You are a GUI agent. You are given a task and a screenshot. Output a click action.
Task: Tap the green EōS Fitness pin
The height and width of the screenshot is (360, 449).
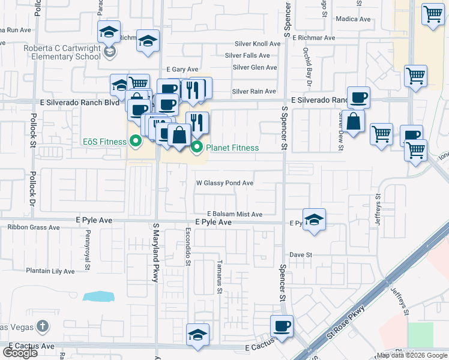click(x=135, y=142)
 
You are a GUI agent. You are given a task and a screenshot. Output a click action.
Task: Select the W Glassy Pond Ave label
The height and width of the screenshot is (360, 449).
click(x=225, y=183)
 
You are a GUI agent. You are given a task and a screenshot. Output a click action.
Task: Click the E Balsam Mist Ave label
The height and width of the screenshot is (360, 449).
click(x=235, y=214)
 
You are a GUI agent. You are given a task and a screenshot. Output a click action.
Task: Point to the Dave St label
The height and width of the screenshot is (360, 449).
click(x=301, y=254)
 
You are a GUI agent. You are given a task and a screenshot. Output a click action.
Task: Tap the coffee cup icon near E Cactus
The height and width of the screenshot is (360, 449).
click(x=282, y=326)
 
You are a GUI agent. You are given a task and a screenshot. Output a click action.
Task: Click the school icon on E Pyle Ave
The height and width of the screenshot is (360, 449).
click(x=314, y=220)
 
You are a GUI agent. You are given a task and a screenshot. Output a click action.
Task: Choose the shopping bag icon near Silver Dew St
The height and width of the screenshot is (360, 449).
click(x=354, y=121)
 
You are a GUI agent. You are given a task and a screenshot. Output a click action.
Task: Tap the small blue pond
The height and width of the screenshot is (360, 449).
click(x=97, y=296)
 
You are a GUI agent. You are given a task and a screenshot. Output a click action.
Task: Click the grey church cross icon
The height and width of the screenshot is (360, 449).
click(x=42, y=327)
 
